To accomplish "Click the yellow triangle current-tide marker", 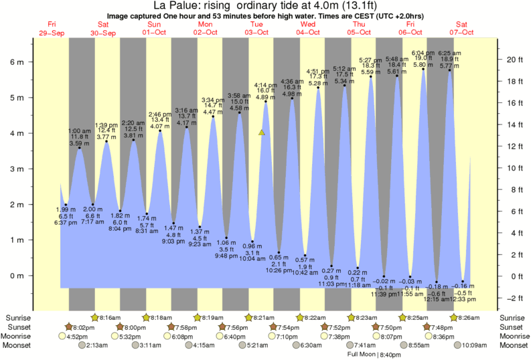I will pos(262,132).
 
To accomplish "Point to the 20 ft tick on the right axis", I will pos(512,59).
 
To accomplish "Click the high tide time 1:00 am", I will pos(80,131).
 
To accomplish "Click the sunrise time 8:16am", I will pos(109,317).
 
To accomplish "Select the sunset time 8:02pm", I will pos(84,327).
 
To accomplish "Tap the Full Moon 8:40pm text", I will pos(370,354).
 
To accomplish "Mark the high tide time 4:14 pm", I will pos(266,86).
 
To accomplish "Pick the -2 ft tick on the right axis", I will pos(510,298).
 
